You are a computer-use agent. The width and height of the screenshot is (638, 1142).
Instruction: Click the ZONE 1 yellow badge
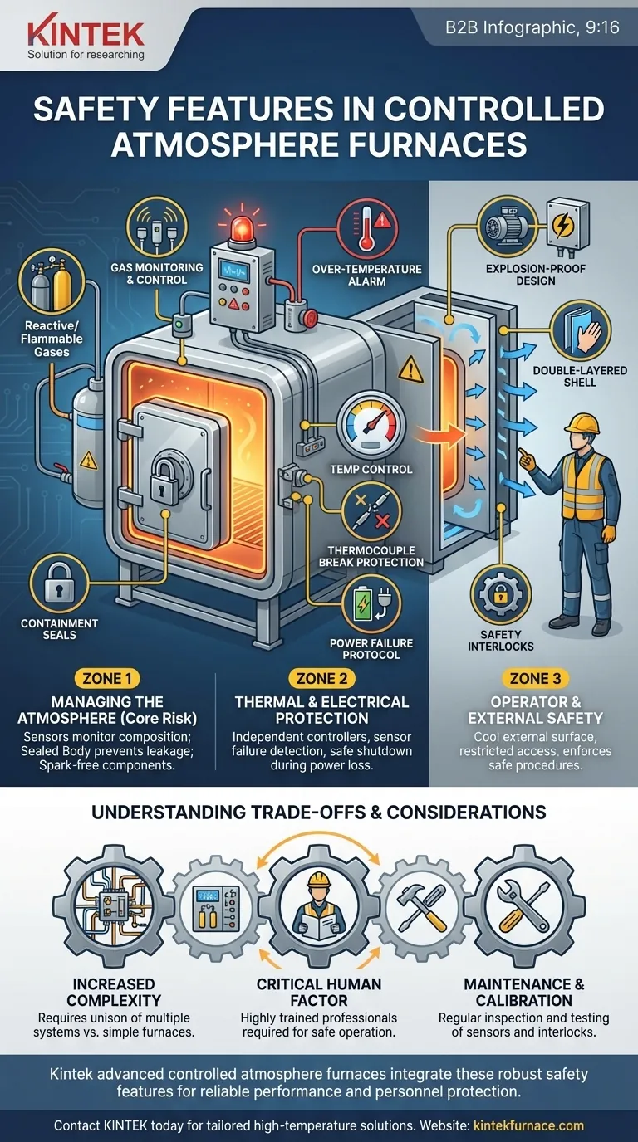point(106,678)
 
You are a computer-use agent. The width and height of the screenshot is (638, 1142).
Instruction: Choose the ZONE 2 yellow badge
point(322,678)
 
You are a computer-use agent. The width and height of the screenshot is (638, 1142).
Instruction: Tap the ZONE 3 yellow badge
point(534,678)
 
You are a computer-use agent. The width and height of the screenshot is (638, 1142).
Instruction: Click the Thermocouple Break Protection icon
point(372,515)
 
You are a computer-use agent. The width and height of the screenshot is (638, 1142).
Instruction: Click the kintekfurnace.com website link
point(528,1125)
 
